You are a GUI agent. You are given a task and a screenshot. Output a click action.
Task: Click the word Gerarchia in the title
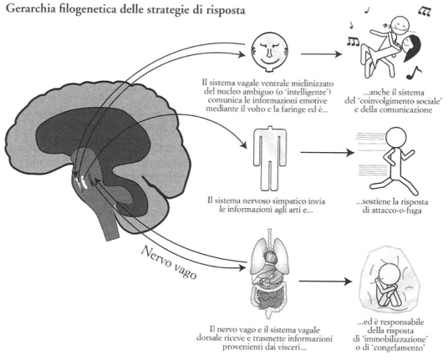click(x=30, y=9)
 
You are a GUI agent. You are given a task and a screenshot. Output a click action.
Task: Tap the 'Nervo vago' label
click(x=169, y=262)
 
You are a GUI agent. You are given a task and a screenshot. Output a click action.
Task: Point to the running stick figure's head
click(x=395, y=137)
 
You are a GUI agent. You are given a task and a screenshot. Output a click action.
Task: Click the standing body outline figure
click(x=269, y=159)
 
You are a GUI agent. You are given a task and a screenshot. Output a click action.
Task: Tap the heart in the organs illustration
click(x=270, y=257)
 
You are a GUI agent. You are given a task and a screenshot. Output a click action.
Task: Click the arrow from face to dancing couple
click(x=321, y=53)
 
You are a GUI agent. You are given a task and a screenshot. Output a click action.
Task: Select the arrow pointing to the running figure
click(x=327, y=153)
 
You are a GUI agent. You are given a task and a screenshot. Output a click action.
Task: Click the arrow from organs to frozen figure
click(x=325, y=281)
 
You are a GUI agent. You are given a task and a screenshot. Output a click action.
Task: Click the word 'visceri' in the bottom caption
click(x=293, y=347)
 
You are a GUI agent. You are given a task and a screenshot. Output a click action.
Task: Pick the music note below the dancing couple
click(x=414, y=73)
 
